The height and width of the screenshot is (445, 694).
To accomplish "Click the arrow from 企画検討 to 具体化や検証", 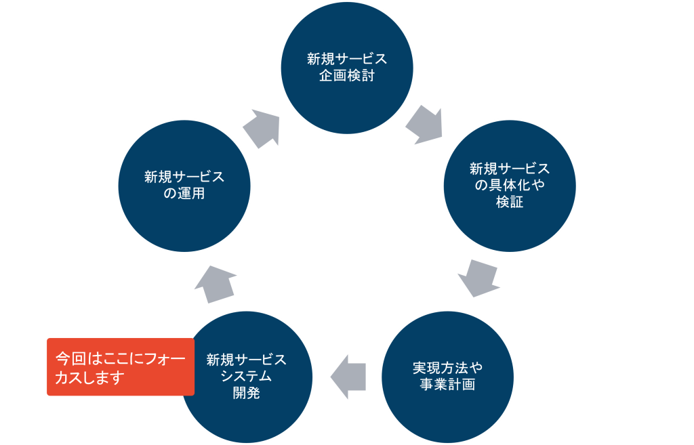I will coord(425,124).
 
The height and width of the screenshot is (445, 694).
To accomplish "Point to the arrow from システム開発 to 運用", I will coord(216,284).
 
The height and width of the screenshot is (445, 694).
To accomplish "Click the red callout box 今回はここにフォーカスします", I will coord(120,366).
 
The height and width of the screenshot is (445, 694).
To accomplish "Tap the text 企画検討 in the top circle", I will coord(347,75).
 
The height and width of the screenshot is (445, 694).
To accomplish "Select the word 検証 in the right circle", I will coord(510,202).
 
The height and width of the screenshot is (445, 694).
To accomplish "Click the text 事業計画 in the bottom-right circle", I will coord(447,385).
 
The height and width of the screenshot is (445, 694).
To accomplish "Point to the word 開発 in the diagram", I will coord(246,394).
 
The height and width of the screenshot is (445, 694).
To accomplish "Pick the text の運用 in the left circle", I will coord(184,194).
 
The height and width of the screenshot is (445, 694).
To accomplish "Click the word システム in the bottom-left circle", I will coord(246,377).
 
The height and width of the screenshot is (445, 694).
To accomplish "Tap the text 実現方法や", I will coord(447,368).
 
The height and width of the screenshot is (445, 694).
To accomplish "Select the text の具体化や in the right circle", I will coord(510,185).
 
